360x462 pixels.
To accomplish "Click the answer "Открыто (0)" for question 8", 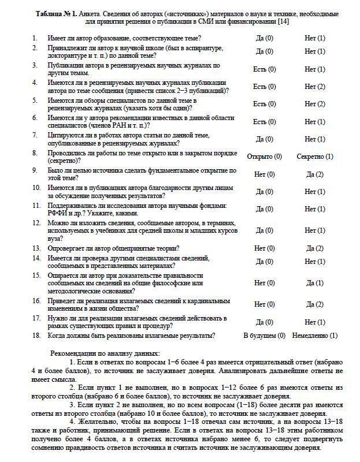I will coord(264,157).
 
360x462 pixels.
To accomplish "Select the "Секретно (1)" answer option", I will coord(314,157).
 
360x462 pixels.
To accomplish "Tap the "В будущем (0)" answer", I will coord(264,336).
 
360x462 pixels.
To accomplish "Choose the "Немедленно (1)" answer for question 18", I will coord(314,336).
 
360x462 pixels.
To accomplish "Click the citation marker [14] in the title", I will coord(283,21).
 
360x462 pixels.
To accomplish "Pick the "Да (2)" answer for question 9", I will coord(314,174).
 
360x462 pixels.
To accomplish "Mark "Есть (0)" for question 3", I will coord(264,69).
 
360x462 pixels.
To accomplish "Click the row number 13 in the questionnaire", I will coord(36,248).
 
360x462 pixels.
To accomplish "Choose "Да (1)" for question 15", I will coord(314,283).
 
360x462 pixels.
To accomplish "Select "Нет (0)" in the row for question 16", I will coord(264,304).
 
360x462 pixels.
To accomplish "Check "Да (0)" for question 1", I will coord(264,38).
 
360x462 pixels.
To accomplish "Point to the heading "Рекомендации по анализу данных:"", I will coord(105,353).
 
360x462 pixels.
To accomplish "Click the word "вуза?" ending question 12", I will coord(55,237).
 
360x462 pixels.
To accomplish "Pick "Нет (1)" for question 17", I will coord(314,322).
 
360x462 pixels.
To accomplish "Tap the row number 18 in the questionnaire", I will coord(36,336).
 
